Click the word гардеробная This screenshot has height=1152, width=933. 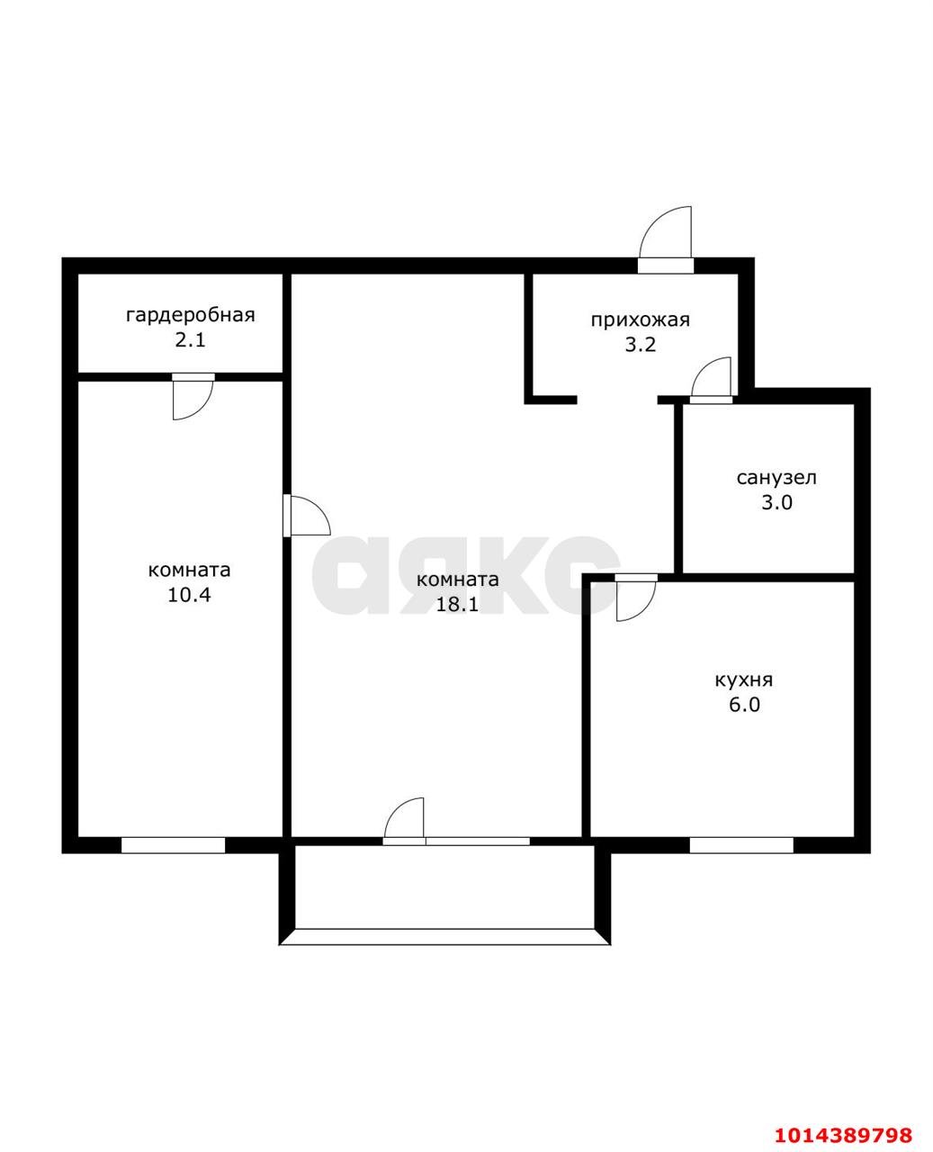[190, 316]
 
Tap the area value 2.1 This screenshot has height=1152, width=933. [190, 341]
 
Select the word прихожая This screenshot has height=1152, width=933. [640, 320]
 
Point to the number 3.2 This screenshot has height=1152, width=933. [641, 345]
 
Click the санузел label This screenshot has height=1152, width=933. [776, 478]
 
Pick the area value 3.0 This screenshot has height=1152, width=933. [776, 503]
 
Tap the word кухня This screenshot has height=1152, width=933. [744, 679]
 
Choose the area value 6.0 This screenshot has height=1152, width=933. [744, 705]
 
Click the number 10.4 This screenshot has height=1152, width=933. [189, 595]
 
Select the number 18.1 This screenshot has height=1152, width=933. [457, 604]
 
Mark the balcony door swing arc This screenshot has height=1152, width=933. [395, 810]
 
